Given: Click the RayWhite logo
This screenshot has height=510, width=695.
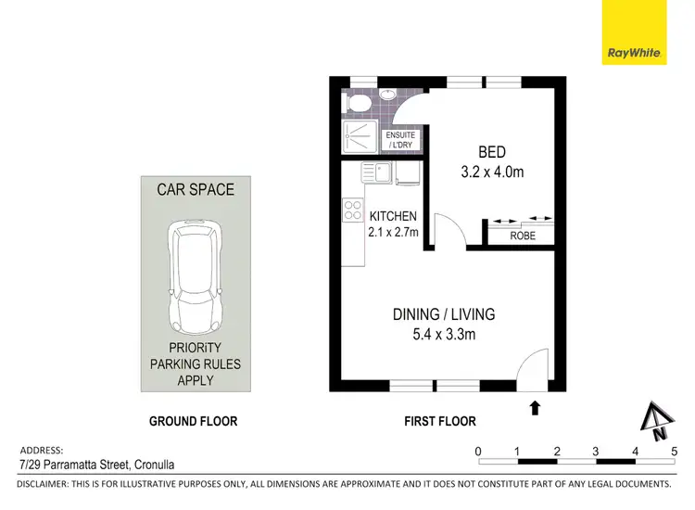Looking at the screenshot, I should [x=634, y=32].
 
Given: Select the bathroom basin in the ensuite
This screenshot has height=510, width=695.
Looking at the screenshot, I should [x=387, y=95].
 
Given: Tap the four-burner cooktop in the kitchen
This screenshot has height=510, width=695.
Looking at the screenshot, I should [x=353, y=210].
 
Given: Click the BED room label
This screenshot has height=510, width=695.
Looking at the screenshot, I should [x=492, y=152].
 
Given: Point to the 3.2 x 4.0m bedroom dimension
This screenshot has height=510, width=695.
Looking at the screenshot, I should [x=492, y=172].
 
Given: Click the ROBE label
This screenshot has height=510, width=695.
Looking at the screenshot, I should [x=523, y=236].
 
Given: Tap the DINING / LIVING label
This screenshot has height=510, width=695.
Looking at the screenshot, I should [x=443, y=314].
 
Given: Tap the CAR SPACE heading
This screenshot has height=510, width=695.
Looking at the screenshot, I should [x=195, y=189].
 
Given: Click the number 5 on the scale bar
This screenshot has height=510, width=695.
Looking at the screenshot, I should [x=674, y=452].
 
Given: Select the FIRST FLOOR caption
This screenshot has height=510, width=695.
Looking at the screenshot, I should [x=440, y=421].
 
